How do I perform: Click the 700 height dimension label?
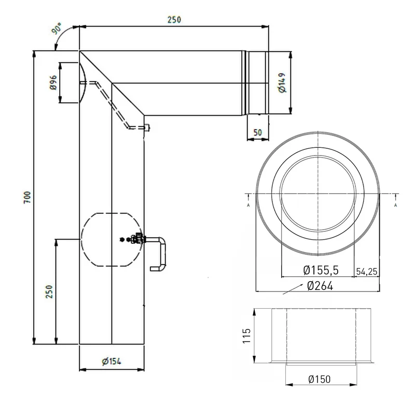[27, 197]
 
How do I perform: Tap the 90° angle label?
[57, 28]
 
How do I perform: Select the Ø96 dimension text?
[53, 82]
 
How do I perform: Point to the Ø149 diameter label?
[282, 82]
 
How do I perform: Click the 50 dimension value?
[257, 132]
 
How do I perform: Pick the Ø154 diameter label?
[112, 361]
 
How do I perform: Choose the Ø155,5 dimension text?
[321, 270]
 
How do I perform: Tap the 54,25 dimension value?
[367, 271]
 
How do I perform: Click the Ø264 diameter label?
[320, 286]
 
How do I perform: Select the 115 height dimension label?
[247, 336]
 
